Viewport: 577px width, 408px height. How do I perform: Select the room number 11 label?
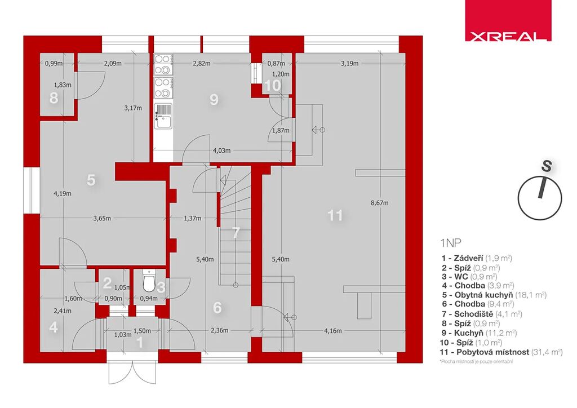335,215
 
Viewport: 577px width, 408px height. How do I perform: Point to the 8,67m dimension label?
380,203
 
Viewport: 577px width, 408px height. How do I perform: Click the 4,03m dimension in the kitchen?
222,150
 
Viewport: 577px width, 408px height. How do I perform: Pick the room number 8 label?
54,98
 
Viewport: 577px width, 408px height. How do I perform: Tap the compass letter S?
547,166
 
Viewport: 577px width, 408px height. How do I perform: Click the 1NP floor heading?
450,243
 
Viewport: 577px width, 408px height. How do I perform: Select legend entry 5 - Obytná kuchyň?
494,295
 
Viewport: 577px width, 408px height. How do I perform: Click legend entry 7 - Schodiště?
482,314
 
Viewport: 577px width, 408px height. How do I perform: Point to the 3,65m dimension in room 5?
102,218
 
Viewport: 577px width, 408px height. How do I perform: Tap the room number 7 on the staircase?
236,233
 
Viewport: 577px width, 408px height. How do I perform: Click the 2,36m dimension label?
220,330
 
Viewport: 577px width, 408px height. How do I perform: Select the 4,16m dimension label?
332,331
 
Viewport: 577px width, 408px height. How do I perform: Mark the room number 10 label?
273,85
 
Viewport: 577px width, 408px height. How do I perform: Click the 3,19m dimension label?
349,63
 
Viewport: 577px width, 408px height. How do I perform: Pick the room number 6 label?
217,308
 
